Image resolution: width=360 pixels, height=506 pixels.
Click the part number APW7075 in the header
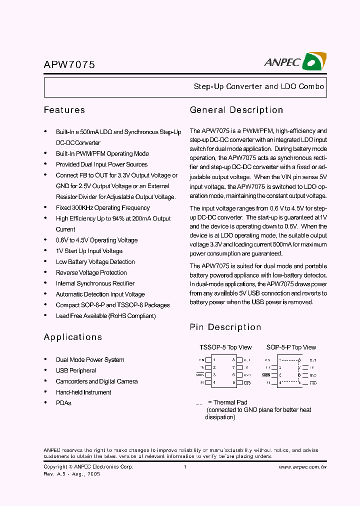click(x=69, y=64)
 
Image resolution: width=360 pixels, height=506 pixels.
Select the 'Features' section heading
click(x=64, y=110)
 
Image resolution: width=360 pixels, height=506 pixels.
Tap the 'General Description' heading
click(x=236, y=110)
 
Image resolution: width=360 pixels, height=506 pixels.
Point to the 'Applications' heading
click(x=73, y=337)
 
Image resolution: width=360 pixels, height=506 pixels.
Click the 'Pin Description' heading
click(x=225, y=327)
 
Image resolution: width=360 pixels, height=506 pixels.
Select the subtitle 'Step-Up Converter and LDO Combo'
click(x=259, y=86)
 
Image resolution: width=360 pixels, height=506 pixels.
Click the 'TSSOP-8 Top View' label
click(x=225, y=347)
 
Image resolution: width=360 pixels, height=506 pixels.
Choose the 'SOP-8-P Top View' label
click(x=291, y=347)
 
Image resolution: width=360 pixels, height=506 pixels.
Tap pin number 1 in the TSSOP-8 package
click(x=214, y=359)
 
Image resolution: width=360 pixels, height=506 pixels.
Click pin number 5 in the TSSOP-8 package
click(x=233, y=383)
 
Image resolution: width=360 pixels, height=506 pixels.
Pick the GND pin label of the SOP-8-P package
click(x=313, y=375)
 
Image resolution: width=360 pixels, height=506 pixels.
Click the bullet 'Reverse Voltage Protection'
click(x=91, y=272)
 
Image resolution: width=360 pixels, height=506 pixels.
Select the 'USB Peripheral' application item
click(x=76, y=370)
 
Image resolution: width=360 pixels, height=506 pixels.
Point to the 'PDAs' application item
click(x=63, y=403)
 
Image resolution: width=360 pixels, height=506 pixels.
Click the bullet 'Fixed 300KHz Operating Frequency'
click(x=103, y=207)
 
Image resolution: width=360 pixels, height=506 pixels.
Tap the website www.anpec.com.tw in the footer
click(x=302, y=467)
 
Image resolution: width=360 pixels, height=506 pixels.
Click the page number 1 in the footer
click(x=185, y=467)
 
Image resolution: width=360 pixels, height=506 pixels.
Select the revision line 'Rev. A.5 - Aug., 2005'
click(x=72, y=474)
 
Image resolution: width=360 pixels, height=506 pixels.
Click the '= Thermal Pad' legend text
click(x=227, y=402)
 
